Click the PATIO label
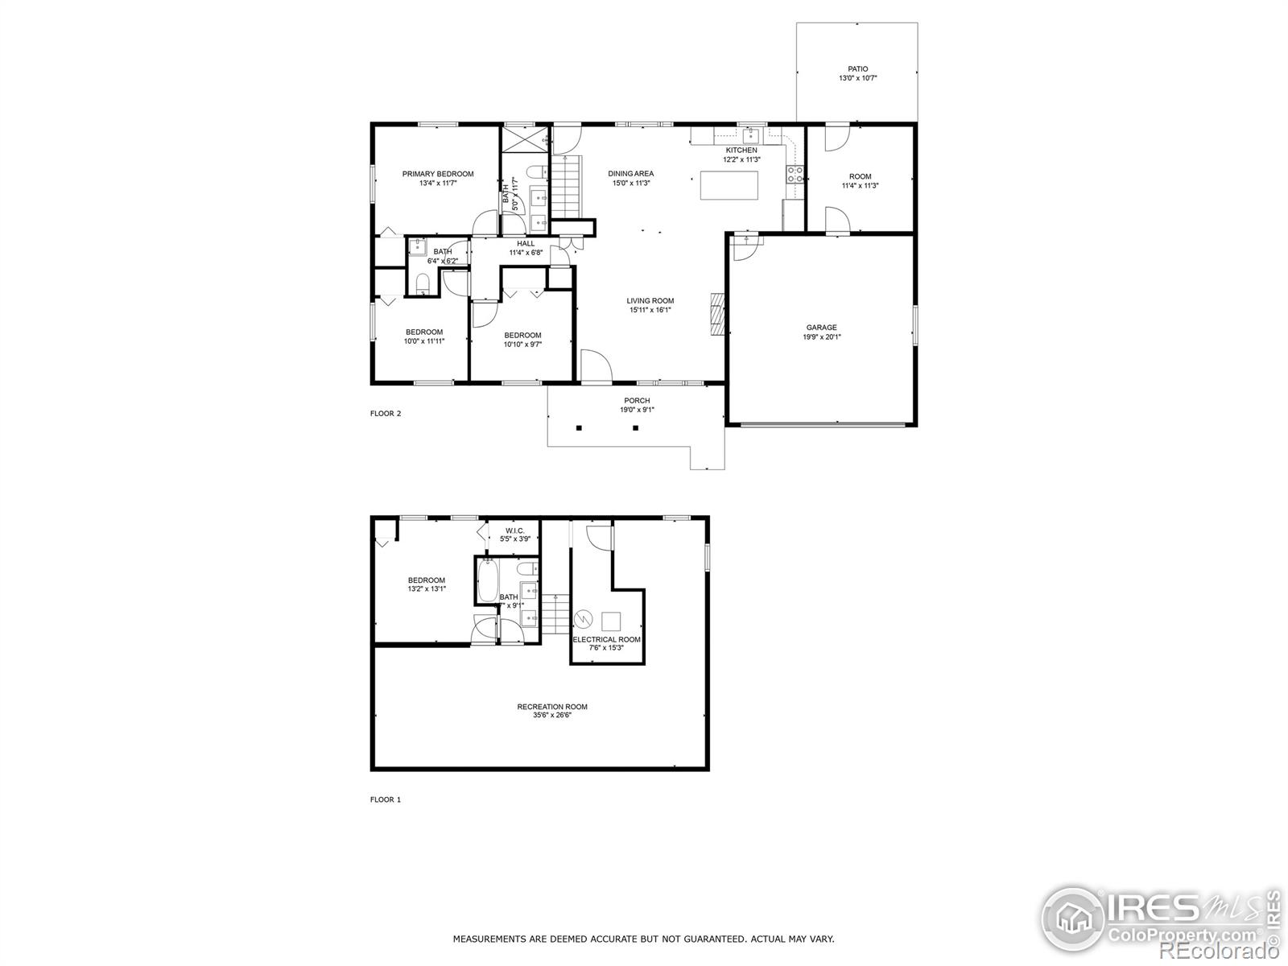click(857, 69)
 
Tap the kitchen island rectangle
click(729, 185)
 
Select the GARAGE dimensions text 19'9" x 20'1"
click(821, 337)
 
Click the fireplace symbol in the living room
click(717, 314)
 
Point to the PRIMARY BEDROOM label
click(438, 174)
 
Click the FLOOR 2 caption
click(385, 414)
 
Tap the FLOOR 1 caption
click(385, 799)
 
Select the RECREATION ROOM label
click(552, 707)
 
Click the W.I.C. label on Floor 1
click(515, 530)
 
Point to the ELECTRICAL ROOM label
click(606, 640)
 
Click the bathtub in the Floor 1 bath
click(488, 581)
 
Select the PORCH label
click(637, 400)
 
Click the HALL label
click(526, 244)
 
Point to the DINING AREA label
click(630, 173)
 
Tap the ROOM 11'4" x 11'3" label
click(860, 176)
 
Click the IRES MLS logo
click(1159, 917)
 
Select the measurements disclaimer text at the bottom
click(643, 939)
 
